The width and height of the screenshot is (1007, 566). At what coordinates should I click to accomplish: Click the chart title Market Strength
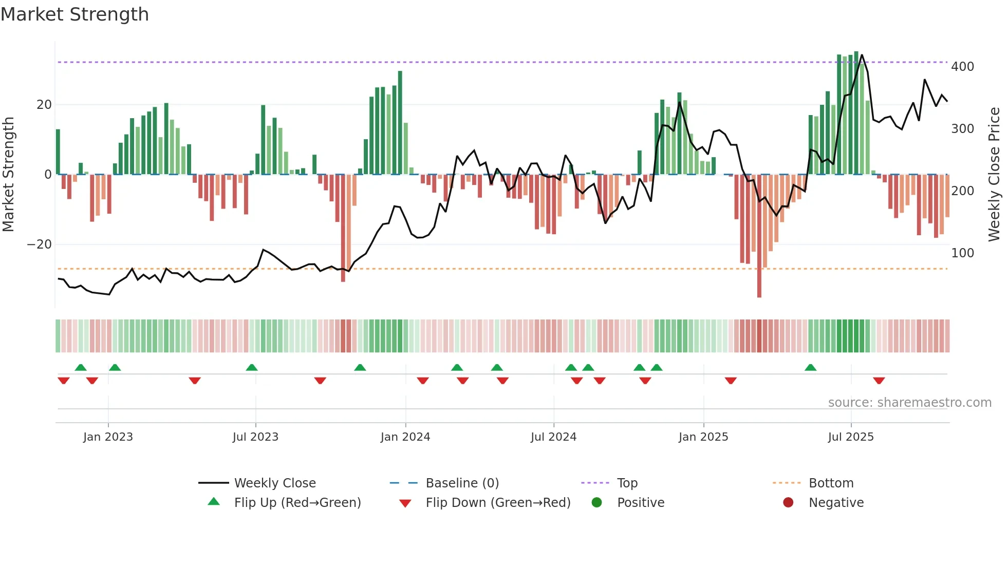74,14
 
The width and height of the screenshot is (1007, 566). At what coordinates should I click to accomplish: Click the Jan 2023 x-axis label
108,437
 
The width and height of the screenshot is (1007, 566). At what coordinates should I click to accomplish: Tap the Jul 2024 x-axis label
553,437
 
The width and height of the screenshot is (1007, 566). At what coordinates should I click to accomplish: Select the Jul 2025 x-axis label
850,437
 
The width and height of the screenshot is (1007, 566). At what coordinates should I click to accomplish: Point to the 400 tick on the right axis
962,67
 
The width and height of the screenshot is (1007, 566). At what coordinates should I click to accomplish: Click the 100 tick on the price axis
962,253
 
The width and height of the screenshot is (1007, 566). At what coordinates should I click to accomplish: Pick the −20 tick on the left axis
40,244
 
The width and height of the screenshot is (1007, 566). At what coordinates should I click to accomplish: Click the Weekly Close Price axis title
994,175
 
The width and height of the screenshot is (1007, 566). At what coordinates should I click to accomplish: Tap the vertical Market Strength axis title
9,175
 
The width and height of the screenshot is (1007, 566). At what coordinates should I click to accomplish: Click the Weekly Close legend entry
275,483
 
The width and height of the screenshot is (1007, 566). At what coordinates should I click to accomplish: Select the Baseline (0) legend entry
462,483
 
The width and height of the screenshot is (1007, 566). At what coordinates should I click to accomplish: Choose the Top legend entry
627,483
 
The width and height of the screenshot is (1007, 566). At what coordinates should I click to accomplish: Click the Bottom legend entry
831,483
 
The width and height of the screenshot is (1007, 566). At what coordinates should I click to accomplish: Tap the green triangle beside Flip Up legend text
214,502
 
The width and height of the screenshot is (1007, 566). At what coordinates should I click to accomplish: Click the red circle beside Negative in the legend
788,502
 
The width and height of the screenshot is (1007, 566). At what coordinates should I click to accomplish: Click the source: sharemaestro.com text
909,403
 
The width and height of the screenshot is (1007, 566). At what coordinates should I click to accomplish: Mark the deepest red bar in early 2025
759,236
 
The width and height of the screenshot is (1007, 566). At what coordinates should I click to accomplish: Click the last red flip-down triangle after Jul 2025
879,381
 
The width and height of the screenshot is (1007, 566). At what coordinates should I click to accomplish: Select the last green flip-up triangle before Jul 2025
810,367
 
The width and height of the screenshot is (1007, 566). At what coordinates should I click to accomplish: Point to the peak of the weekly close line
862,54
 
